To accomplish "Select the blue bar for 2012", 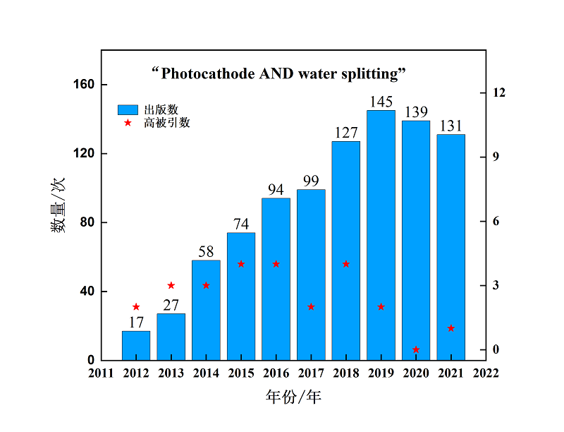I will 136,345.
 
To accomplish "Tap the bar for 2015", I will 241,296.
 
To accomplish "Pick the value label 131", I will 450,126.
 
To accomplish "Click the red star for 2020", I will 416,349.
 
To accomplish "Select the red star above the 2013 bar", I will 171,285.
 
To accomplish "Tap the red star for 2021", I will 450,328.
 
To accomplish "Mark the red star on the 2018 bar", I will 346,264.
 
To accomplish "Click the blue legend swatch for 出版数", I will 128,109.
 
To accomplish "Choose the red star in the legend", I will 128,123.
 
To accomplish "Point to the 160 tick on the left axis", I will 85,85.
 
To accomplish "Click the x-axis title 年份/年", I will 293,397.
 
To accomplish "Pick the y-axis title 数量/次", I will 58,205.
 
